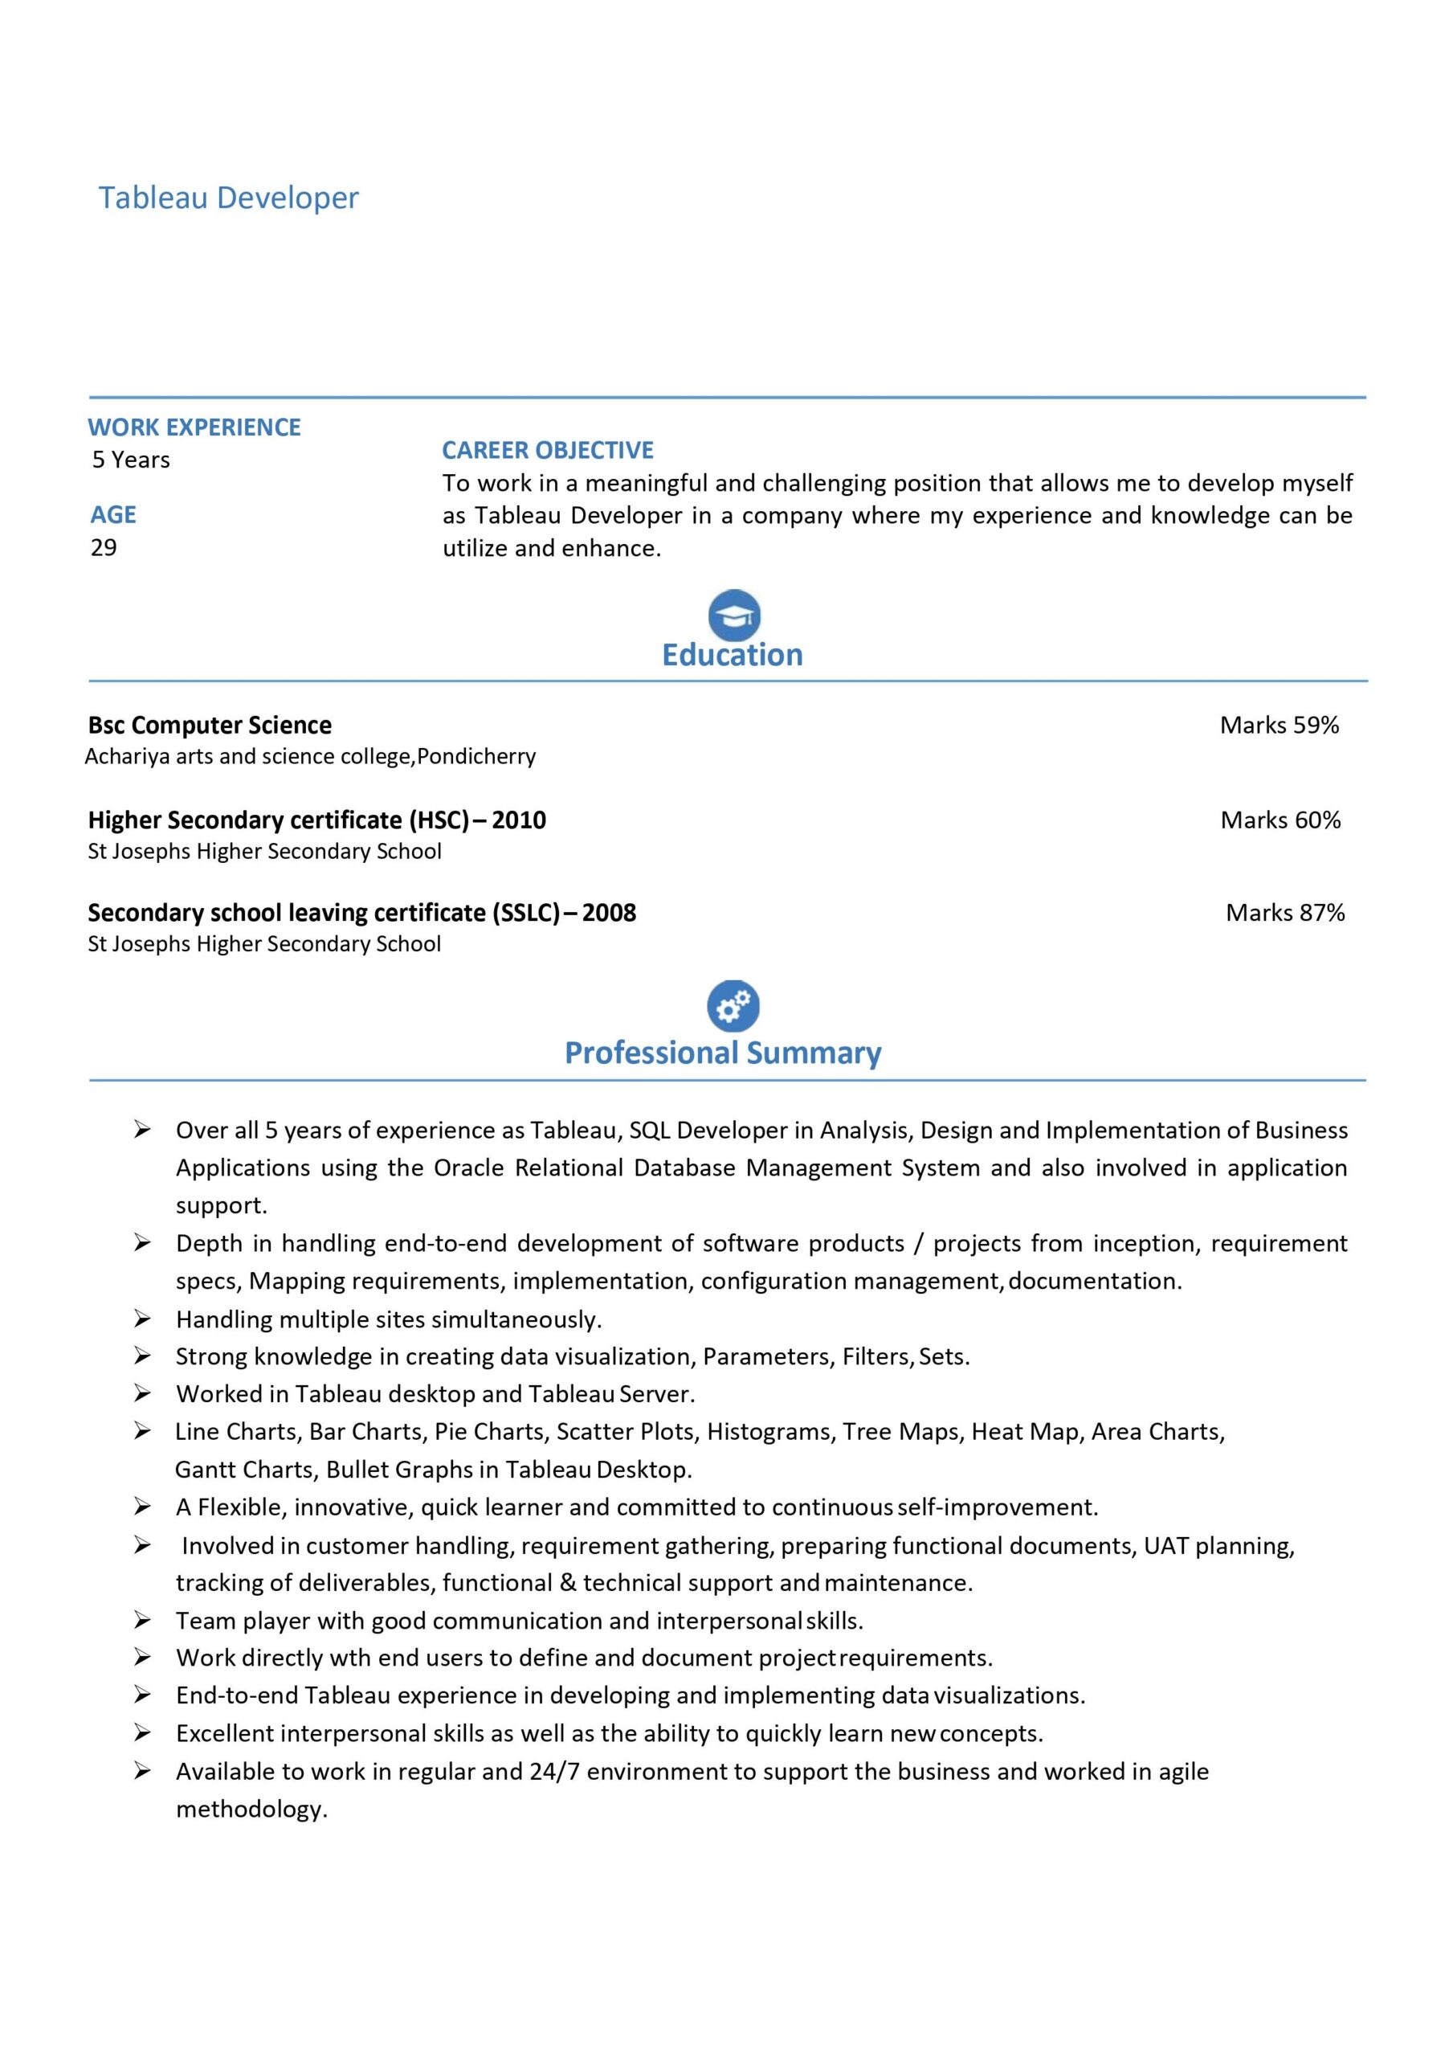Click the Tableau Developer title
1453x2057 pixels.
coord(228,198)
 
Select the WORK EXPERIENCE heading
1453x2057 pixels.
coord(194,427)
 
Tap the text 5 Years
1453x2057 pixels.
coord(131,460)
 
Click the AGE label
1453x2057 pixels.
coord(113,514)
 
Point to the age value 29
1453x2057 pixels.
coord(104,547)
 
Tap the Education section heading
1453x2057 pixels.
coord(732,655)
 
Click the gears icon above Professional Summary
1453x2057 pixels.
coord(733,1005)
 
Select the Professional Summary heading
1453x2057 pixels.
coord(723,1053)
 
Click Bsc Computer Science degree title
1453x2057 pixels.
coord(210,725)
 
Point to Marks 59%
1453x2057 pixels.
coord(1280,725)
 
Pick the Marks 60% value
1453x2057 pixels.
coord(1280,820)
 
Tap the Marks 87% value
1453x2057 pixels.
coord(1285,912)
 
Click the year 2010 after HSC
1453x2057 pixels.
coord(519,820)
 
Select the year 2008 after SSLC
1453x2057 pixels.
coord(609,912)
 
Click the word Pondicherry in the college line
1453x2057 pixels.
coord(476,756)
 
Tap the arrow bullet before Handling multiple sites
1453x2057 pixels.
coord(142,1318)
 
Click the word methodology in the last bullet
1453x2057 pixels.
coord(251,1809)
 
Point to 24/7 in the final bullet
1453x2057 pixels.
coord(554,1771)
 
